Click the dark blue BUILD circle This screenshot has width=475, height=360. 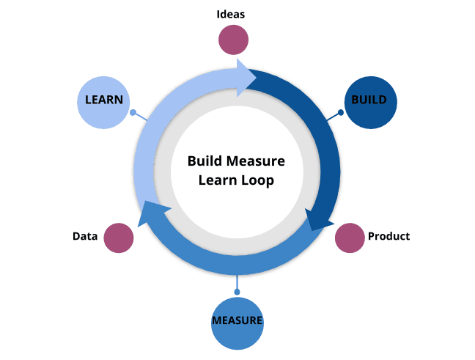click(369, 101)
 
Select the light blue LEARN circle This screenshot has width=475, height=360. click(103, 101)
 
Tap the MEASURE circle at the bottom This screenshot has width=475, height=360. click(237, 321)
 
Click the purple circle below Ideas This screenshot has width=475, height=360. click(234, 40)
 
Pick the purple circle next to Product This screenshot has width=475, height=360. click(350, 238)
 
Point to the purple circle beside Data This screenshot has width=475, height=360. click(119, 238)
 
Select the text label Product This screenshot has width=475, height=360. click(389, 236)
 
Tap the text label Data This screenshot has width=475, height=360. click(85, 237)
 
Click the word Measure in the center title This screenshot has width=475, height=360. click(256, 161)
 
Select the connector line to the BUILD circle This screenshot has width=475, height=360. click(331, 117)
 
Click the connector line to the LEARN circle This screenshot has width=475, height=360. click(141, 117)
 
